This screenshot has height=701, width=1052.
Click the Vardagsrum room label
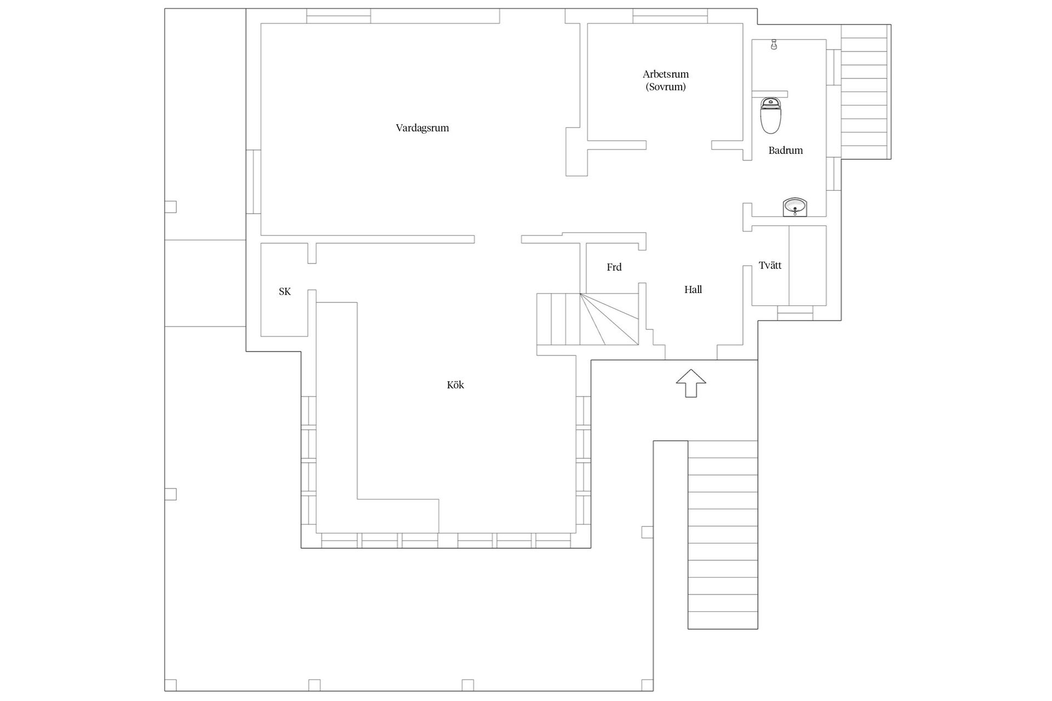422,128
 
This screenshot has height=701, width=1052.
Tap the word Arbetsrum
666,74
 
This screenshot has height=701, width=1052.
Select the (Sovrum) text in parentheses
666,87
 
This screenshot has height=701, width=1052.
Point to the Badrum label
785,150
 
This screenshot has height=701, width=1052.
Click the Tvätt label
770,265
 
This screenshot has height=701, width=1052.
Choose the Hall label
693,290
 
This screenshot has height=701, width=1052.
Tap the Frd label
614,267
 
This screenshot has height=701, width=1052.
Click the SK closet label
285,291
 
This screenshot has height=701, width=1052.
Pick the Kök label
455,385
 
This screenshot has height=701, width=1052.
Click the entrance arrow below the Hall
691,383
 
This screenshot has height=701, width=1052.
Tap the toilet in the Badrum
771,116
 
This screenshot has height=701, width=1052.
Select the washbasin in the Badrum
794,208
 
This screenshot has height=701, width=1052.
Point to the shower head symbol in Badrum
774,45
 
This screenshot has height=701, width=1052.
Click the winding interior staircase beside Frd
588,319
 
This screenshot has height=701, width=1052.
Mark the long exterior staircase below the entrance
723,535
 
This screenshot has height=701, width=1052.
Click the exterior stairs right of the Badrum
866,92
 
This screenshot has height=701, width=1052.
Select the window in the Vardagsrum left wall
253,181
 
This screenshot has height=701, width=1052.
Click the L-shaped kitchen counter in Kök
378,416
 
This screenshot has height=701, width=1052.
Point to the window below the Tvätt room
795,313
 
